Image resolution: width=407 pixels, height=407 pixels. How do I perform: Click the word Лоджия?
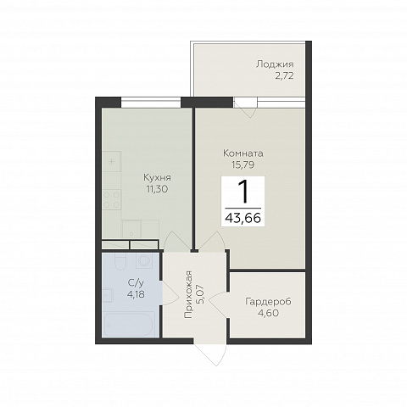click(x=275, y=64)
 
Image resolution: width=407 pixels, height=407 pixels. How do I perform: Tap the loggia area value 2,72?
click(x=284, y=76)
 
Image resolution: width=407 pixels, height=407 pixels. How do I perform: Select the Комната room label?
click(x=243, y=153)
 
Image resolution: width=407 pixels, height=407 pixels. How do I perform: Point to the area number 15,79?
click(x=243, y=164)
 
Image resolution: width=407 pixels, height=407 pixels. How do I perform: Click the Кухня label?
click(x=157, y=178)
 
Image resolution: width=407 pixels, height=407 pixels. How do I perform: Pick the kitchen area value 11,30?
click(x=157, y=189)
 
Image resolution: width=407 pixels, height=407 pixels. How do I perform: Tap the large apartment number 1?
click(x=243, y=192)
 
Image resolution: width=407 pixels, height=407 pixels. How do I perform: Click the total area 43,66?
click(x=243, y=218)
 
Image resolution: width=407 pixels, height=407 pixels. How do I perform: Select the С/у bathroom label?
click(x=136, y=283)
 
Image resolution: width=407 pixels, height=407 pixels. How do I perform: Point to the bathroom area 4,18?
click(x=136, y=294)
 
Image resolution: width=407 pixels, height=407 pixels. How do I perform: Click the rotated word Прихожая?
click(x=188, y=294)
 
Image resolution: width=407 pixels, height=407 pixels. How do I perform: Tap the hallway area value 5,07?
click(x=203, y=294)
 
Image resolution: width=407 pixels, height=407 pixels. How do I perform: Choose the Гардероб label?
click(x=268, y=302)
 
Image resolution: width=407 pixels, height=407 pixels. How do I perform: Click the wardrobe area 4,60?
click(x=268, y=313)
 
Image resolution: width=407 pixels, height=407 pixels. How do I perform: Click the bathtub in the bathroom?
click(x=130, y=324)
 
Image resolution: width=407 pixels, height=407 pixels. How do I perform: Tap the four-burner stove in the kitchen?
click(x=112, y=200)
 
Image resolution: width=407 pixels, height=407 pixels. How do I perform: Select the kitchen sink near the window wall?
click(x=112, y=162)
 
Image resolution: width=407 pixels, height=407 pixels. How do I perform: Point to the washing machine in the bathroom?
click(x=144, y=260)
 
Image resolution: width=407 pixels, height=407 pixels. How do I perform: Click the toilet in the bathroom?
click(x=120, y=261)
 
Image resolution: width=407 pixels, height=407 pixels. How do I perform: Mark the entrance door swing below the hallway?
click(x=210, y=354)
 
